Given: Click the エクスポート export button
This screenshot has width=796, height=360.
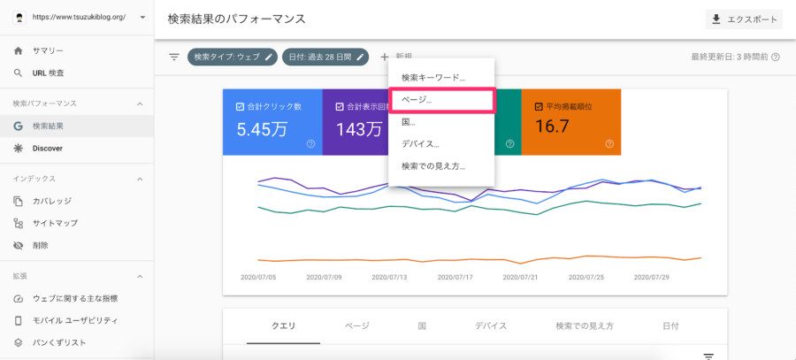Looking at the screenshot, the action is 744,19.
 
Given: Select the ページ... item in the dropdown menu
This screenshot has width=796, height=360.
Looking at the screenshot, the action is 417,100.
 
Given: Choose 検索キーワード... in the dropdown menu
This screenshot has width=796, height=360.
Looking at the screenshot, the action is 433,78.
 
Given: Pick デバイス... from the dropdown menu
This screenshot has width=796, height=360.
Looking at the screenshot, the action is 420,144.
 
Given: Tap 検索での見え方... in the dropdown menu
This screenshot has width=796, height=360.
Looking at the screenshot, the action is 433,166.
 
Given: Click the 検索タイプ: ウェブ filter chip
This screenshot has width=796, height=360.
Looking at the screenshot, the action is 233,57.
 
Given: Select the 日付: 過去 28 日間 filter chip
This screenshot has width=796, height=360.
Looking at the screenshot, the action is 325,57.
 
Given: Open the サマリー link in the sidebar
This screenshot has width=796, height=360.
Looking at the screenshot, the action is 49,50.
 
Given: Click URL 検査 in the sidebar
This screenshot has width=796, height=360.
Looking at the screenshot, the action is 49,73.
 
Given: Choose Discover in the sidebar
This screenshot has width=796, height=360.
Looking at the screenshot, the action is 48,149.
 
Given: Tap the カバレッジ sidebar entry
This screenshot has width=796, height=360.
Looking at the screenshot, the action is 52,201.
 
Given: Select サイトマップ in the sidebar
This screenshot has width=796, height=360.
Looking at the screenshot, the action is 56,223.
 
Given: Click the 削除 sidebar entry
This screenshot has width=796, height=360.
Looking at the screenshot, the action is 41,245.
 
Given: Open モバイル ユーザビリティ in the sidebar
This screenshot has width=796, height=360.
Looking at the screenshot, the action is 75,320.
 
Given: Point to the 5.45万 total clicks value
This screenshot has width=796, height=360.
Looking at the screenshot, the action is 262,129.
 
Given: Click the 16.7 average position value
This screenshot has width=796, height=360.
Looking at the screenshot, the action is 552,126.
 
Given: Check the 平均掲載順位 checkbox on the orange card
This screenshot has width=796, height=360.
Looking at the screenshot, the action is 539,107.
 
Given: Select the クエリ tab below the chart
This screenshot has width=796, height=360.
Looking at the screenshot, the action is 284,326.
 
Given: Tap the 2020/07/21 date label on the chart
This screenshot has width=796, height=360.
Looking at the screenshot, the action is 520,278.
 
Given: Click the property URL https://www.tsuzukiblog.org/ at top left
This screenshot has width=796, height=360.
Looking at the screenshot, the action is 79,17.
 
